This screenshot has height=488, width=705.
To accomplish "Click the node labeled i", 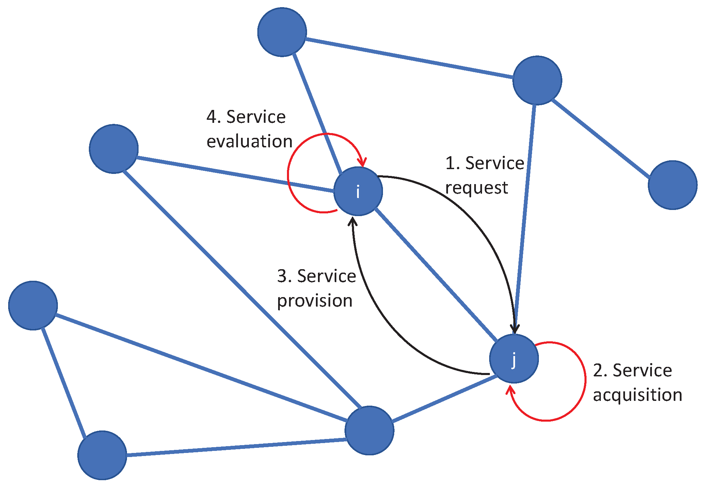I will (x=358, y=191).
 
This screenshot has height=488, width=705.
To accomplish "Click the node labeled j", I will (x=514, y=359).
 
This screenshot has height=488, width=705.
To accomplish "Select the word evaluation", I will (x=250, y=142).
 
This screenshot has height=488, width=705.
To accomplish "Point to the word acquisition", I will (x=637, y=395).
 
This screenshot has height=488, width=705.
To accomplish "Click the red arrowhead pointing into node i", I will (x=363, y=163).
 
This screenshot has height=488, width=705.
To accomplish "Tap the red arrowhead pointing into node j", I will (x=510, y=390).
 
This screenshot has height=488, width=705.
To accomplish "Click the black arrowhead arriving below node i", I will (x=353, y=222).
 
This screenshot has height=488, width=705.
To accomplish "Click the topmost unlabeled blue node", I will (x=282, y=32).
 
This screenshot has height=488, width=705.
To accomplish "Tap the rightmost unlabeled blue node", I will (x=672, y=185).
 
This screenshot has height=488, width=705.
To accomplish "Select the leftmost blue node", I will (x=33, y=306).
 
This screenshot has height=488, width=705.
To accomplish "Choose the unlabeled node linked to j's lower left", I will (x=369, y=430).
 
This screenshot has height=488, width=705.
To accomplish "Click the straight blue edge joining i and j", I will (x=436, y=275).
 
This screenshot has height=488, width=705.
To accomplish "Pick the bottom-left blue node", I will (x=102, y=455).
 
